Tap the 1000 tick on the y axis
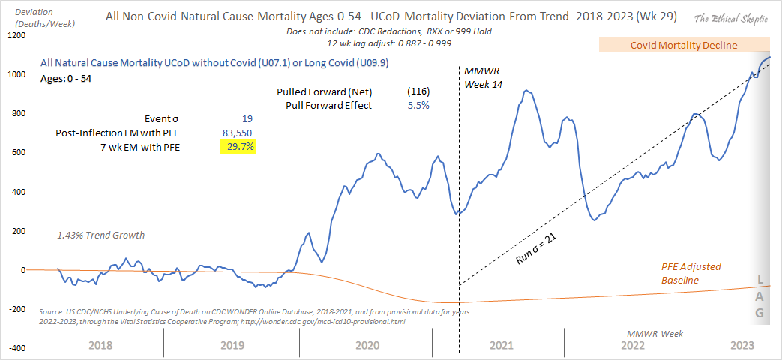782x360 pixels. (16, 74)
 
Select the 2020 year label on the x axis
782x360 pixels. (367, 346)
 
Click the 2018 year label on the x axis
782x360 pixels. (102, 346)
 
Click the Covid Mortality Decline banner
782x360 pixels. (683, 46)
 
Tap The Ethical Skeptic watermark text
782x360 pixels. (730, 18)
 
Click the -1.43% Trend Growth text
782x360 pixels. (99, 235)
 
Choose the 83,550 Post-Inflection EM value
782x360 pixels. (236, 133)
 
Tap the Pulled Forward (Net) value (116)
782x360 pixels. (418, 91)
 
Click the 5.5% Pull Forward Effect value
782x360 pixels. (418, 105)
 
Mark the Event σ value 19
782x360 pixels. (247, 118)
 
